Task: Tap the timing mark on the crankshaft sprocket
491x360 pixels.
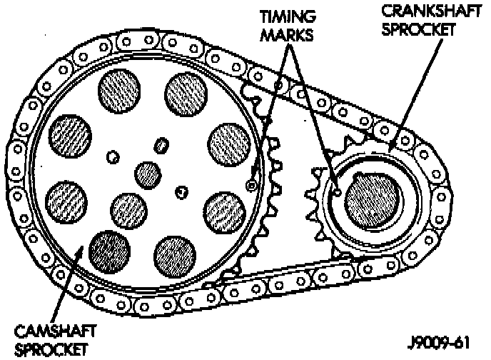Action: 335,190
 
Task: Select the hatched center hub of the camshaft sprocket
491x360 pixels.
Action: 147,173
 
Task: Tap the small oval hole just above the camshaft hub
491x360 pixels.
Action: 162,146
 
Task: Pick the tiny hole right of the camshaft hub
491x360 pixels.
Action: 182,191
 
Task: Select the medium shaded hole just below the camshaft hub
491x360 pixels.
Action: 129,209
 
